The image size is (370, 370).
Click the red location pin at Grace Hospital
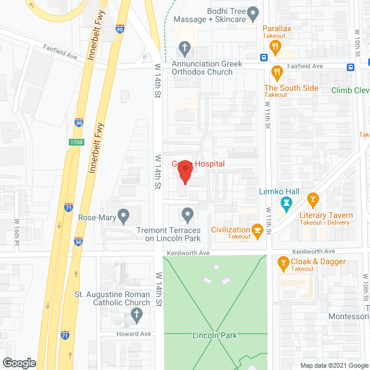click(x=184, y=172)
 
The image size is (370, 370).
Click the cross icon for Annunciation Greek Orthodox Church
click(x=184, y=47)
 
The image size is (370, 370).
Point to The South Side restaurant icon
click(x=276, y=73)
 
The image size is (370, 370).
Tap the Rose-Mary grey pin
click(x=123, y=216)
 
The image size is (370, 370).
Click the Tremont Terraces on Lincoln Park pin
click(x=187, y=216)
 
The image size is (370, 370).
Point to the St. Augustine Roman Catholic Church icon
click(x=136, y=314)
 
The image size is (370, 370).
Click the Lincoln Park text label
click(x=215, y=335)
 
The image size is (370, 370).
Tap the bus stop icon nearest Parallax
click(x=263, y=57)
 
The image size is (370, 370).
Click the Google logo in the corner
click(x=20, y=362)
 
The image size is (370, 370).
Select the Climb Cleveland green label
click(x=350, y=90)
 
